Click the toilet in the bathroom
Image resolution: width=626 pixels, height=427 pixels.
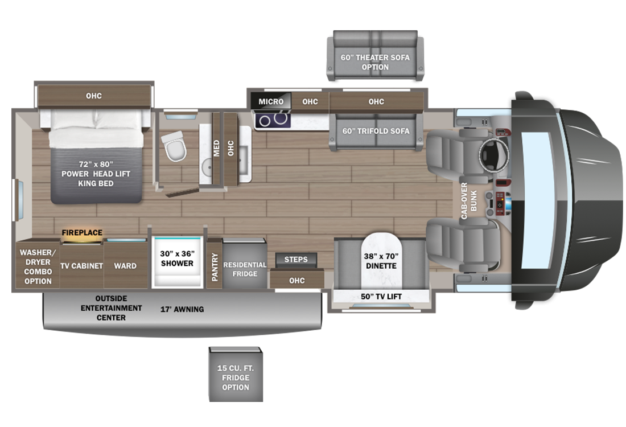tap(173, 145)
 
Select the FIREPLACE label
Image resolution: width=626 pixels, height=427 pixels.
tap(82, 232)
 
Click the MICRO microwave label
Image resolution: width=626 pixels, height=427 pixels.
tap(271, 101)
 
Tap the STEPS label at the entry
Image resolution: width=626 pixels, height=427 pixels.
tap(296, 260)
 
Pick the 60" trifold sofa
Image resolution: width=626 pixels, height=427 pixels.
tap(376, 131)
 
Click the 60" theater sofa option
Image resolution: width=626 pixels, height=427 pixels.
tap(375, 57)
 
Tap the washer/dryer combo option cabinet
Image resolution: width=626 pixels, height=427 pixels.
tap(37, 266)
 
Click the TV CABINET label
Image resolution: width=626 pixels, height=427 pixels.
tap(82, 266)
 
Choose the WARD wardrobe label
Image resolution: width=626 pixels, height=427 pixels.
tap(125, 266)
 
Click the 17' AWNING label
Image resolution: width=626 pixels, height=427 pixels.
tap(182, 309)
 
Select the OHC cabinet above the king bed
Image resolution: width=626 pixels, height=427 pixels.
tap(94, 96)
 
